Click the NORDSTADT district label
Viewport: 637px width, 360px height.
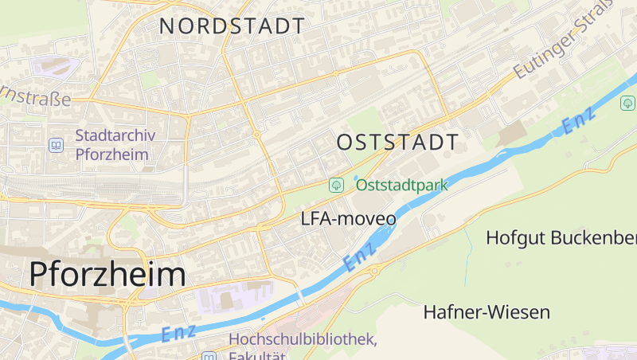pos(232,25)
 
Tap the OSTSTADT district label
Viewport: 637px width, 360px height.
pos(398,143)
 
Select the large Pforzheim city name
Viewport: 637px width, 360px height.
pos(107,275)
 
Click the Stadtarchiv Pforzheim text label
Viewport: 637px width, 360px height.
pos(115,145)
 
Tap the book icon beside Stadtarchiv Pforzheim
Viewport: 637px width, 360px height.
pos(56,145)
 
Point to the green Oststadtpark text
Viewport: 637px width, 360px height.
pos(402,186)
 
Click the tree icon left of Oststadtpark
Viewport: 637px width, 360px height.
pos(337,186)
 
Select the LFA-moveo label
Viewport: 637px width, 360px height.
pos(349,217)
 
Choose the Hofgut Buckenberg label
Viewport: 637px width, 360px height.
pos(561,237)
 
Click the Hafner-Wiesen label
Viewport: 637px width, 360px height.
pos(487,311)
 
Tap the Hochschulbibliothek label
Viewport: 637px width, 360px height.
pos(303,339)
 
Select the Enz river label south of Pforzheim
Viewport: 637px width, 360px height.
pos(178,334)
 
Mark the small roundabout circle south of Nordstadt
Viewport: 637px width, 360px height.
pos(257,136)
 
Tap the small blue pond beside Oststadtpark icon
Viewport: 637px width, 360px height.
pos(356,178)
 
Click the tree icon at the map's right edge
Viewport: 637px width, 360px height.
pos(628,104)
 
